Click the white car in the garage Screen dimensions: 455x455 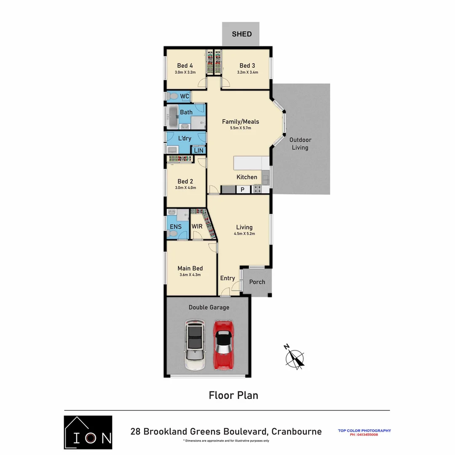[x=195, y=345]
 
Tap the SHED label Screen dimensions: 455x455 [x=242, y=34]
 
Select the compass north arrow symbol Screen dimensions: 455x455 [x=294, y=358]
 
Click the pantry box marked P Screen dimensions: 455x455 [x=242, y=190]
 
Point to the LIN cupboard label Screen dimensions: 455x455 [x=198, y=150]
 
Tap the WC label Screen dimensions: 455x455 [x=185, y=96]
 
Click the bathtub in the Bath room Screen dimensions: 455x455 [x=173, y=118]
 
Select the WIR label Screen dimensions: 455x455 [x=197, y=227]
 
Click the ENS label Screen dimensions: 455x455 [x=176, y=227]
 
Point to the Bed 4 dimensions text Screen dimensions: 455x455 [x=185, y=72]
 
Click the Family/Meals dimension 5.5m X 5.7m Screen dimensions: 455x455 [x=241, y=128]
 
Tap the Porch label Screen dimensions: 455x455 [x=257, y=281]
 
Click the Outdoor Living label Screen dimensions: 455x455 [x=300, y=144]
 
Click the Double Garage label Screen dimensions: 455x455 [x=209, y=307]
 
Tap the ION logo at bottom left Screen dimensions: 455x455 [x=88, y=432]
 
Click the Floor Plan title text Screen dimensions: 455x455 [x=233, y=395]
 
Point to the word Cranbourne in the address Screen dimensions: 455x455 [x=296, y=431]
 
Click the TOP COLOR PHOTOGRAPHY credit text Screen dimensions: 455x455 [x=364, y=431]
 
